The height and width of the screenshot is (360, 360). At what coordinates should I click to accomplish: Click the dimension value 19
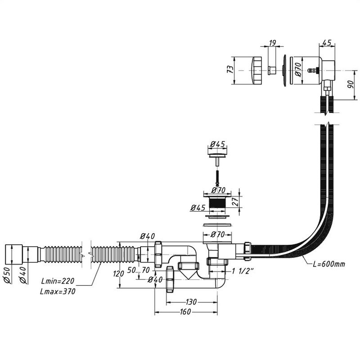272,43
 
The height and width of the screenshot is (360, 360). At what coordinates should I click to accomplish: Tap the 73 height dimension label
230,69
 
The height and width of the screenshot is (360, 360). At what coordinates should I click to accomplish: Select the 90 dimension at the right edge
351,85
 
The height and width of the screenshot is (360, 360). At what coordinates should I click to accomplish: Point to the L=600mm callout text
329,264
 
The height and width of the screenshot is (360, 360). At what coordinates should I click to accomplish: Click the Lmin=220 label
58,281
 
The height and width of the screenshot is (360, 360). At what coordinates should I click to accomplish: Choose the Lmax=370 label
58,291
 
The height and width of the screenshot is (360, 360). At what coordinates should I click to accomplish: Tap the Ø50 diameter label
7,275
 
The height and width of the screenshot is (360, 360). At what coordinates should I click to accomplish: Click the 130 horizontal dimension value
191,302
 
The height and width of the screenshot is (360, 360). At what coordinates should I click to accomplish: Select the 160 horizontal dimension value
185,311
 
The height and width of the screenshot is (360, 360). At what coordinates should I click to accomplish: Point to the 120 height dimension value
119,274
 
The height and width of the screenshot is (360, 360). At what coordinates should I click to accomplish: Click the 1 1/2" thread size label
243,271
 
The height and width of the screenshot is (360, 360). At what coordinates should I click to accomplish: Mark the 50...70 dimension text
139,270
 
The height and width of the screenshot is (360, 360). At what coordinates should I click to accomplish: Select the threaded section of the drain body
218,203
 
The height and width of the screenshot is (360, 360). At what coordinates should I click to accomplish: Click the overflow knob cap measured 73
255,70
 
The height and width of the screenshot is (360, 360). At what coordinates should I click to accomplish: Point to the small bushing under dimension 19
272,70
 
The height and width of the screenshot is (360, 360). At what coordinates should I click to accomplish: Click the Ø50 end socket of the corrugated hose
13,255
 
